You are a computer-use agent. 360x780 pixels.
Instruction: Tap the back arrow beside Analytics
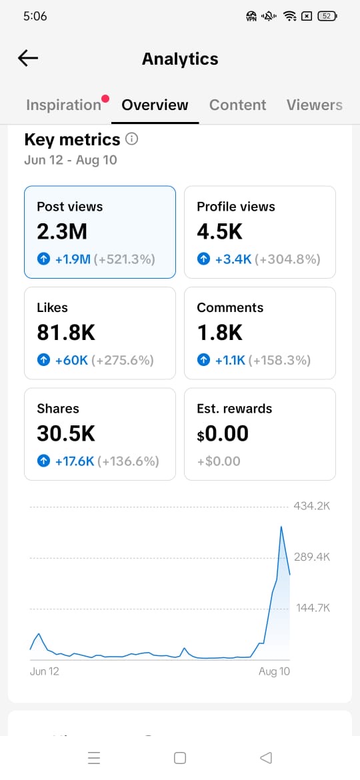coord(28,59)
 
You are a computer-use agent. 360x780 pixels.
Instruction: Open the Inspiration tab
coord(63,105)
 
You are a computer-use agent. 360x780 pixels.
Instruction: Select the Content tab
coord(238,105)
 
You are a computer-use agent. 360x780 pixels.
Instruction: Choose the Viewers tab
coord(314,105)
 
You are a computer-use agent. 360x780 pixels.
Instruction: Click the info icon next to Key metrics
coord(132,139)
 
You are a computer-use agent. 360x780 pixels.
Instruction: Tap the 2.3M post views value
coord(62,231)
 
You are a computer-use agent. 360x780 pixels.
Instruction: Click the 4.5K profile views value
coord(220,231)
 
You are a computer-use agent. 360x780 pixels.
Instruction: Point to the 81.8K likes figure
coord(66,333)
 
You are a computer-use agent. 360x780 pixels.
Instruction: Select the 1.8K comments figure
coord(220,333)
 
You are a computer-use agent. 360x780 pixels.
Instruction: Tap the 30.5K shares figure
coord(66,434)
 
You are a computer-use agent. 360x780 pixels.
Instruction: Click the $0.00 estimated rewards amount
coord(223,434)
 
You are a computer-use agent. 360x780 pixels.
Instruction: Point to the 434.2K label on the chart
coord(312,507)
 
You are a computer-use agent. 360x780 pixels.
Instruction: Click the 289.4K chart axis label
coord(312,557)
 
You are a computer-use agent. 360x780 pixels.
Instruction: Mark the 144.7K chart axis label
coord(313,608)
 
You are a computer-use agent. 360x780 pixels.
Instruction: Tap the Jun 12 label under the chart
coord(44,671)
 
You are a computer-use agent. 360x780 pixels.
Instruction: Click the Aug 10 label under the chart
coord(274,671)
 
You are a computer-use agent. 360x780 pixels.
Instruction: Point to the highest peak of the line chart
coord(281,526)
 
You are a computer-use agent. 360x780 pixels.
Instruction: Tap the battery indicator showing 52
coord(327,17)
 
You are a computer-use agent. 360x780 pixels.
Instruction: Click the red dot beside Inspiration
coord(105,98)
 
